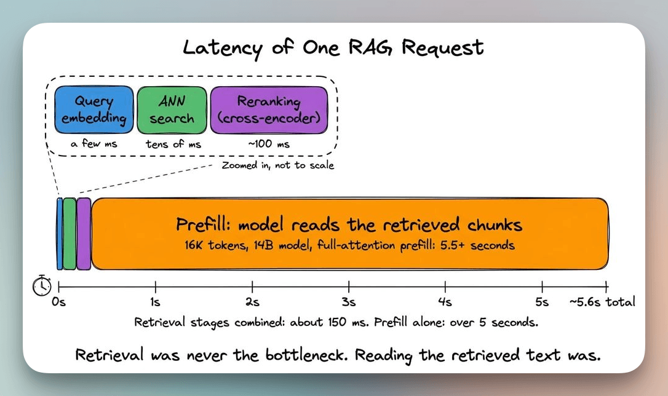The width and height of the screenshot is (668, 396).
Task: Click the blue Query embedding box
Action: click(x=93, y=110)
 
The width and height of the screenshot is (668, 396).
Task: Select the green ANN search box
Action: click(x=172, y=110)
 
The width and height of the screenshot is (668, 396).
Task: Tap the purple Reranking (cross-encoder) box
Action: click(x=269, y=110)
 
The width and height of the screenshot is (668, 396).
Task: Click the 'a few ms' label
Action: click(x=93, y=143)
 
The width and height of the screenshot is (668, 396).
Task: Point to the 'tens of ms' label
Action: click(x=173, y=144)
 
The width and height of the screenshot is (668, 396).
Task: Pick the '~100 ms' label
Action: click(x=269, y=144)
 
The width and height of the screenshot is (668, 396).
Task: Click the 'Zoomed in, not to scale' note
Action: click(x=278, y=165)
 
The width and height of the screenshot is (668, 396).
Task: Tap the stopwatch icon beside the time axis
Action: click(x=42, y=285)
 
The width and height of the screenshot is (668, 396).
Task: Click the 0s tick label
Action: click(x=58, y=302)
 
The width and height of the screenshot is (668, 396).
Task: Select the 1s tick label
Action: click(x=155, y=302)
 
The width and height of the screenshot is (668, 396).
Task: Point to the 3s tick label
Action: click(x=349, y=302)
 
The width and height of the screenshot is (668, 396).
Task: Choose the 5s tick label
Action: click(x=542, y=302)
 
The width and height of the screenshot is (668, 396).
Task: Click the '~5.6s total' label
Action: click(x=602, y=302)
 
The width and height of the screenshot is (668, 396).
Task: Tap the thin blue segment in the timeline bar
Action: click(x=60, y=234)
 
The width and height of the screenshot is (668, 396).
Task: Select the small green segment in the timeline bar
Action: click(x=70, y=234)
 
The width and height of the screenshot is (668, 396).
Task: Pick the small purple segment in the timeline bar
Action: click(x=84, y=234)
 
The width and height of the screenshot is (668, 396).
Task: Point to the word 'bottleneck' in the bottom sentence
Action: click(x=304, y=354)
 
